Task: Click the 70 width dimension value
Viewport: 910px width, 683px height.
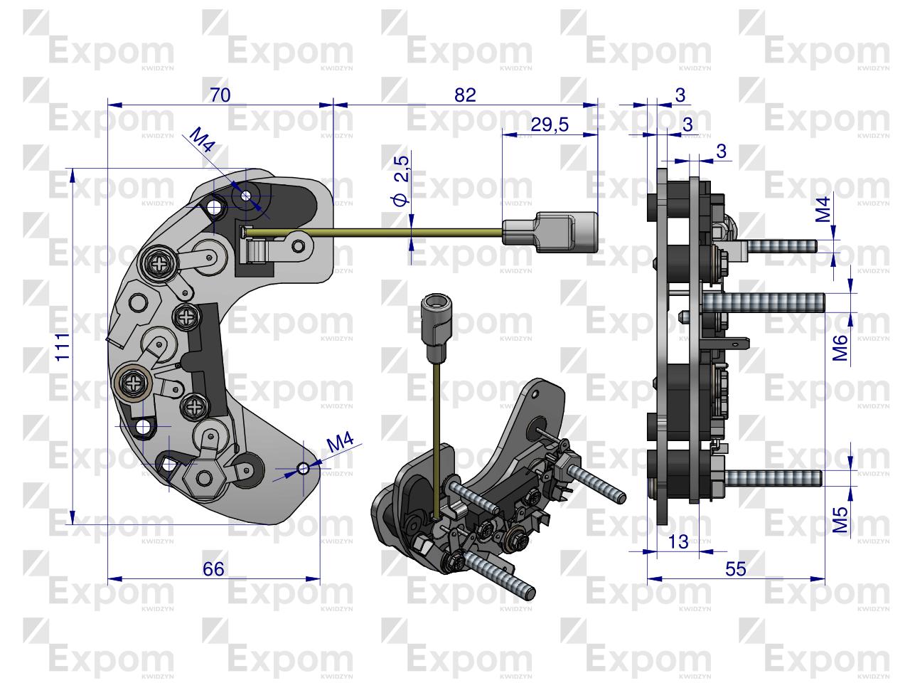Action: [x=220, y=95]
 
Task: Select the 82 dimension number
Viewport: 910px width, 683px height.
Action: [x=465, y=95]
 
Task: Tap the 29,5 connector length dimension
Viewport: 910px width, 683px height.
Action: [x=550, y=125]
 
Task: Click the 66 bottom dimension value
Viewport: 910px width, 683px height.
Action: [x=213, y=569]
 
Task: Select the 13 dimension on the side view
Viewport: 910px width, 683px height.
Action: [x=679, y=542]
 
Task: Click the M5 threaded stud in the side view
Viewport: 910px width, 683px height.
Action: [x=771, y=477]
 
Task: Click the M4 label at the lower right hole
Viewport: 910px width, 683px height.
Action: [x=341, y=443]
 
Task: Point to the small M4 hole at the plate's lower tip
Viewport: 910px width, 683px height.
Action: [x=304, y=468]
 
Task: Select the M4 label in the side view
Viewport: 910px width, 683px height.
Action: [x=823, y=210]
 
